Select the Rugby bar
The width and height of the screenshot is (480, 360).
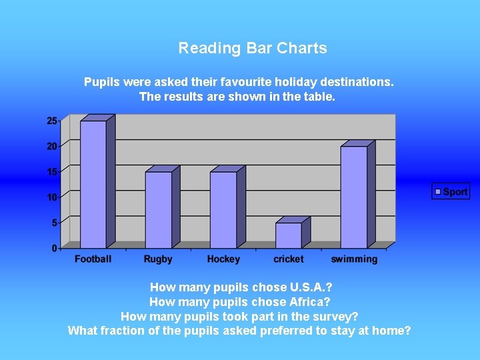(x=158, y=209)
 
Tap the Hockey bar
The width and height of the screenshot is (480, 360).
(x=223, y=209)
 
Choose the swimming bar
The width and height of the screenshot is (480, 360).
(x=354, y=197)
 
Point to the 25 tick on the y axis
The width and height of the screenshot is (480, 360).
(x=52, y=121)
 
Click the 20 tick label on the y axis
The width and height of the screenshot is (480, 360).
(x=52, y=146)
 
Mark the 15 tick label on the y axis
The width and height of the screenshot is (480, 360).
(x=52, y=171)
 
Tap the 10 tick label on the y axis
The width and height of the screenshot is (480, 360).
(x=52, y=197)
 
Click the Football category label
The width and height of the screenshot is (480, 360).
(x=93, y=259)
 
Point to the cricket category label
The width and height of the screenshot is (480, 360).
(x=288, y=259)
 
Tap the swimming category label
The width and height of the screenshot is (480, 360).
(x=354, y=259)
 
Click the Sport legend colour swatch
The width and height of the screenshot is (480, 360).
(x=438, y=192)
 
